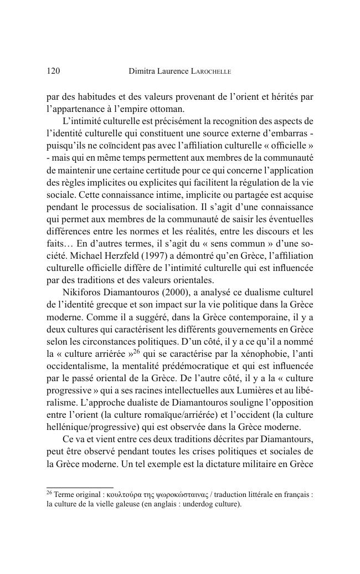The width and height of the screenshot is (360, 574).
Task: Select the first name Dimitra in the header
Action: (x=142, y=71)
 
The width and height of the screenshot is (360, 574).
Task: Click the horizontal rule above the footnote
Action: (x=80, y=488)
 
